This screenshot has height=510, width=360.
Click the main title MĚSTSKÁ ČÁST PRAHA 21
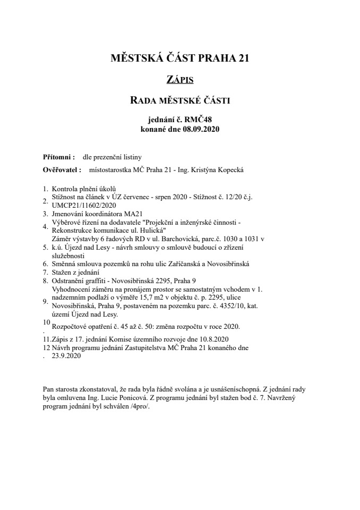pos(179,59)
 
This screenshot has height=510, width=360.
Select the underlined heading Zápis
pos(179,80)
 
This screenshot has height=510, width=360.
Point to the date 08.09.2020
pos(198,129)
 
